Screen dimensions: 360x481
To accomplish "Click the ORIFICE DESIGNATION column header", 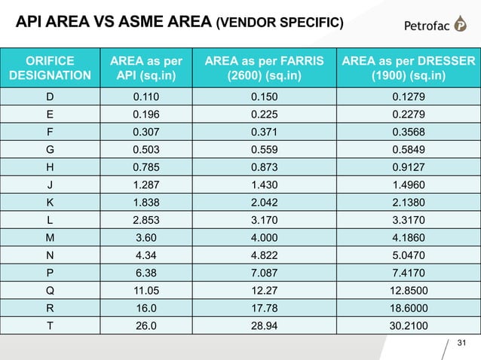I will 51,67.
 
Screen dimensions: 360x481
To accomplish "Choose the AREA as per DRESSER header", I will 409,67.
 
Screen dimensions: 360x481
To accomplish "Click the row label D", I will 50,96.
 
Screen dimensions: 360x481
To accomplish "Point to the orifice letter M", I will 50,236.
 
